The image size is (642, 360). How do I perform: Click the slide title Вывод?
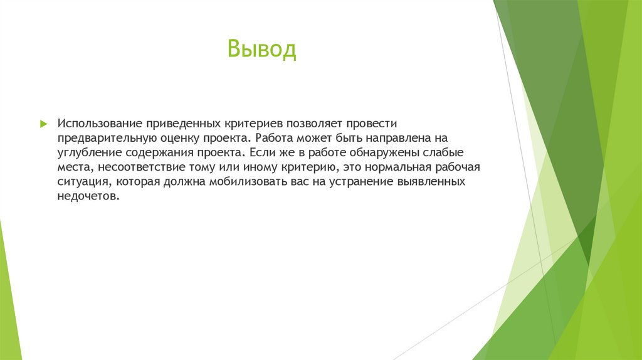261,50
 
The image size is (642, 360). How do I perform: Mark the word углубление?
89,152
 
